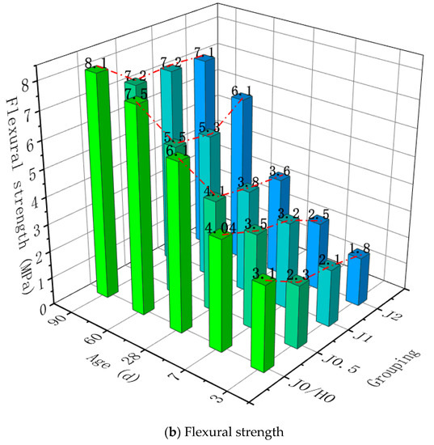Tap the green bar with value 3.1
click(x=264, y=324)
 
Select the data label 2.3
click(x=298, y=276)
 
